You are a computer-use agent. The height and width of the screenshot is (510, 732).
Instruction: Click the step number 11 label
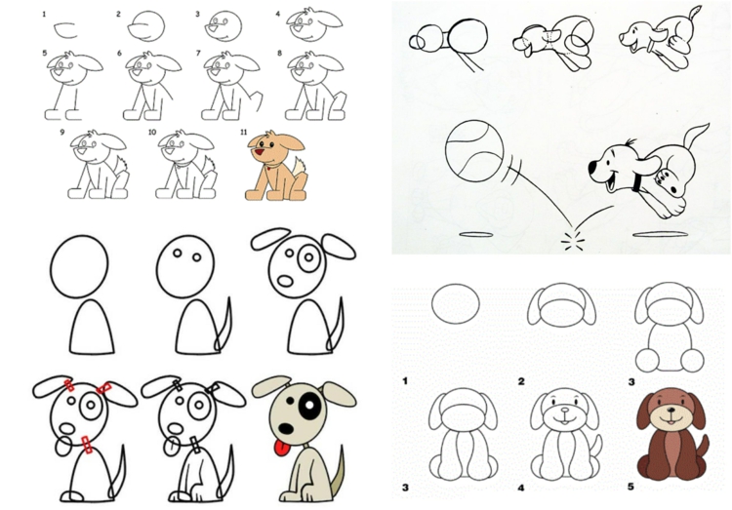243,133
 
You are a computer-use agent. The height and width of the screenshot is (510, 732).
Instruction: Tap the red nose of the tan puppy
259,152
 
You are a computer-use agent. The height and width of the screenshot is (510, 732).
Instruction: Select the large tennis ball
474,153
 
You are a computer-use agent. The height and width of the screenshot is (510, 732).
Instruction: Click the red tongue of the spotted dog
280,448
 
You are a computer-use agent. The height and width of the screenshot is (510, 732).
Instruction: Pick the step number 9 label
62,133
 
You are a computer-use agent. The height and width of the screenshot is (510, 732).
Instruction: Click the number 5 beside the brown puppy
630,487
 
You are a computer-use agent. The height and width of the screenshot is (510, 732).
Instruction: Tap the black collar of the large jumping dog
637,183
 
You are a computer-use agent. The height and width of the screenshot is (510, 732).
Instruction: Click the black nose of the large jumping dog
593,168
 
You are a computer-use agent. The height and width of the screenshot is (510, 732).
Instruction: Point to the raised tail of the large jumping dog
695,137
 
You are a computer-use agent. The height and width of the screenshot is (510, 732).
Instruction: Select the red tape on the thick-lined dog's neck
86,444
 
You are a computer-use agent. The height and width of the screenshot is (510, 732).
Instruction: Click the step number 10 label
152,133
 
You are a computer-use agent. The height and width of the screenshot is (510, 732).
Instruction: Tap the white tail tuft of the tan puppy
299,167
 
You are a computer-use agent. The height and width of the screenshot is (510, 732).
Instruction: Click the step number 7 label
199,54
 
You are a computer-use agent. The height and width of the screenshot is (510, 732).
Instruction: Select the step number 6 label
119,54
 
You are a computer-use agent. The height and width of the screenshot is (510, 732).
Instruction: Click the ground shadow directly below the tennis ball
475,235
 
